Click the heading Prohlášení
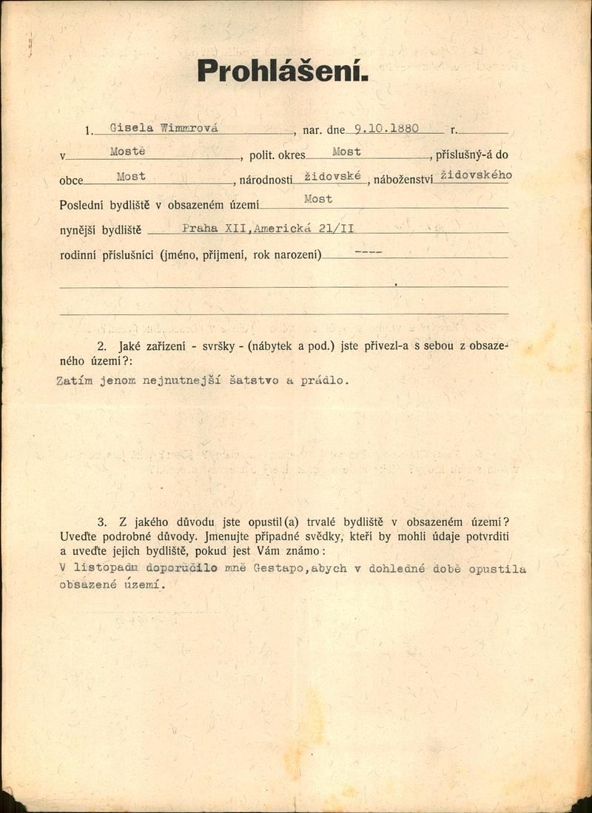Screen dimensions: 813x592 coord(282,71)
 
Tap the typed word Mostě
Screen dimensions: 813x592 coord(128,151)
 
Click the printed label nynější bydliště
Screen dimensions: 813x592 coord(99,231)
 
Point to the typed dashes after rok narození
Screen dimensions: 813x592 coord(368,252)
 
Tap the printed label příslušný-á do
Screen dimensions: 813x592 coord(471,156)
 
